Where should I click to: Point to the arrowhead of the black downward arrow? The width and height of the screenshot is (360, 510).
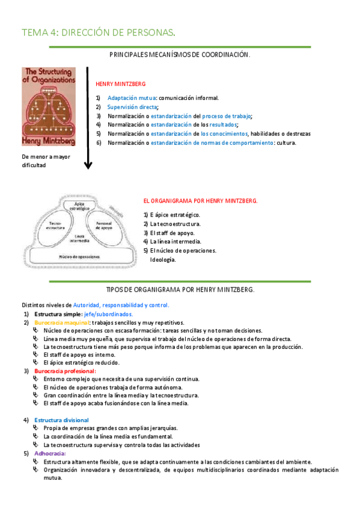[88, 165]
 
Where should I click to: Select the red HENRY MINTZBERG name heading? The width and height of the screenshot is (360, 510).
[120, 84]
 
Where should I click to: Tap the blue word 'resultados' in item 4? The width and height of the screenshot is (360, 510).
[222, 124]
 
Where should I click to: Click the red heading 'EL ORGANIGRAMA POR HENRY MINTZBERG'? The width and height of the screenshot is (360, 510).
[200, 201]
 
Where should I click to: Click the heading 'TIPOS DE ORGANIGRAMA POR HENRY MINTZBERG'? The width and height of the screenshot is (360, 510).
[180, 289]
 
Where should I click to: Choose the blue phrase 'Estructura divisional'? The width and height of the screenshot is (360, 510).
[62, 420]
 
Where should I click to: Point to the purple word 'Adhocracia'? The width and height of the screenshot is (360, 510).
[50, 452]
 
